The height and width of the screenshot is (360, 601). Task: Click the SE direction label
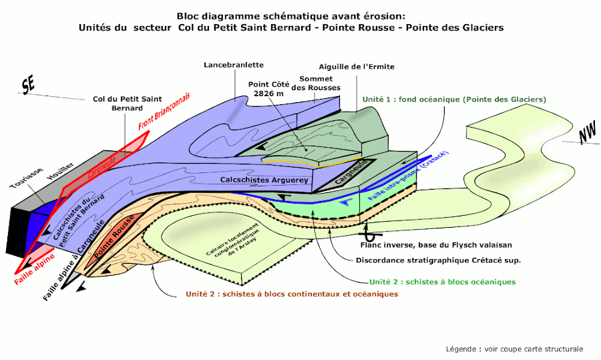(x=28, y=86)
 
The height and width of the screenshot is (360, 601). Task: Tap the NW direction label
(x=588, y=134)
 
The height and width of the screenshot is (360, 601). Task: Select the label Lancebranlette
(x=234, y=65)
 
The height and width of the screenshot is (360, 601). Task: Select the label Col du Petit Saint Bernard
(x=118, y=104)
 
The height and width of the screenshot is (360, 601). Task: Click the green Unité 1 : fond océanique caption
(x=454, y=99)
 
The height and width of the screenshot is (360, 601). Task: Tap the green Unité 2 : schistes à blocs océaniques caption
(x=435, y=282)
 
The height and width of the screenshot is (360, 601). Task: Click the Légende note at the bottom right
(x=514, y=349)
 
